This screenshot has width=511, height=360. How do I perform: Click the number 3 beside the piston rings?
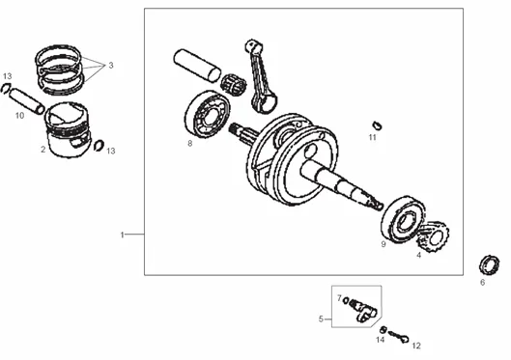click(x=111, y=65)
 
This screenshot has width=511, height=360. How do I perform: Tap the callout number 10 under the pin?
click(x=19, y=115)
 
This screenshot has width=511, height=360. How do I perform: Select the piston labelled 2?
click(x=68, y=129)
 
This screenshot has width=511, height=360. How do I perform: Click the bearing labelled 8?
click(x=207, y=114)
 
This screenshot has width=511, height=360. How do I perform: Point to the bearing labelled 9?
click(x=404, y=219)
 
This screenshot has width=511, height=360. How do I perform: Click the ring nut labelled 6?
click(x=489, y=265)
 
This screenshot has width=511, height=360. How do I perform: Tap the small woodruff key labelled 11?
click(x=377, y=125)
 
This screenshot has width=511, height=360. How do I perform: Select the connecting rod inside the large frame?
click(x=261, y=76)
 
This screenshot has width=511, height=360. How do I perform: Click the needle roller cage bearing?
click(x=234, y=85)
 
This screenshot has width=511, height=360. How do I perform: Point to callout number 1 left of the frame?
click(x=123, y=235)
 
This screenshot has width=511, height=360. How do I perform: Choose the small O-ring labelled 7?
click(x=346, y=300)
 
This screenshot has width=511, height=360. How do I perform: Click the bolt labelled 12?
click(x=399, y=337)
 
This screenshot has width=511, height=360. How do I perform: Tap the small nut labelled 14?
click(x=383, y=330)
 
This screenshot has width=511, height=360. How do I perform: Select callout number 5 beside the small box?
click(x=321, y=319)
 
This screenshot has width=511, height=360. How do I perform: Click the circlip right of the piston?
click(x=99, y=146)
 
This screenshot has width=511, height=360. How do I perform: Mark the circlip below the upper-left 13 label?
click(x=6, y=89)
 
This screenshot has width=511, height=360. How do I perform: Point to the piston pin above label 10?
click(x=27, y=101)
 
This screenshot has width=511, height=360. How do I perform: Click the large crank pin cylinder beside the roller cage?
click(x=197, y=65)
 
